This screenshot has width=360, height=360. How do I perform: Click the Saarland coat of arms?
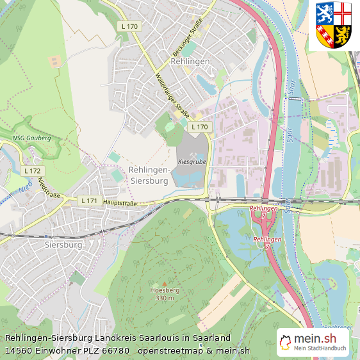(334, 26)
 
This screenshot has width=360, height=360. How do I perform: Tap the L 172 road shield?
(32, 171)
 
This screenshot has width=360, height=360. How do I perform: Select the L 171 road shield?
(89, 201)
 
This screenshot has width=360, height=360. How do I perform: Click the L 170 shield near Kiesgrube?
(199, 127)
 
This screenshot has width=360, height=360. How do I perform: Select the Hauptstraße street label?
(120, 202)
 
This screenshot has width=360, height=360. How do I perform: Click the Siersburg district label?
(63, 245)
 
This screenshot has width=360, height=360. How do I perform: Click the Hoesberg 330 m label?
(163, 293)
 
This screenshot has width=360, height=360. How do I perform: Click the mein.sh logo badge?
(313, 343)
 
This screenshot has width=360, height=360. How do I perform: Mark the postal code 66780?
(116, 350)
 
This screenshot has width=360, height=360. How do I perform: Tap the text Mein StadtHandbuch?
(320, 348)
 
